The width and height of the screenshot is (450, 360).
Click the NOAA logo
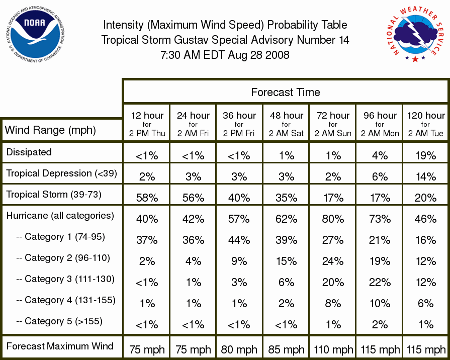point(35,34)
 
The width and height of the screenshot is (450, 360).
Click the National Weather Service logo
point(415,34)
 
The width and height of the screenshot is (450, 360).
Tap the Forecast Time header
point(285,92)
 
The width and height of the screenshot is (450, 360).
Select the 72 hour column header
point(333,124)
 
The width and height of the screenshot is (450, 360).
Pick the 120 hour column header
point(426,124)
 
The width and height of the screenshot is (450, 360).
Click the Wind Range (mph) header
point(50,130)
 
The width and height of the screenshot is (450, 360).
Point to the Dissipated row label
point(29,152)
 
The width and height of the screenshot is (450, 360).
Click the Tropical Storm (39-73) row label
point(54,195)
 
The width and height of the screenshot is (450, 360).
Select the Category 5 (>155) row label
point(59,321)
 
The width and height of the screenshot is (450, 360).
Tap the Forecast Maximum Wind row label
point(60,346)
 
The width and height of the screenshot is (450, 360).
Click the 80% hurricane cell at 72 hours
point(333,219)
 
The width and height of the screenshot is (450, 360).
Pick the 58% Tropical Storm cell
point(147,198)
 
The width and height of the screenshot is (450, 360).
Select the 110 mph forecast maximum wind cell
point(333,349)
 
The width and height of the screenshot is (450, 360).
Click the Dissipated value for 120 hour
point(426,155)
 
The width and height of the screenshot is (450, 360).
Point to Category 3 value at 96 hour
point(380,282)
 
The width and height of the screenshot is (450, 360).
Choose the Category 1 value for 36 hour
point(239,240)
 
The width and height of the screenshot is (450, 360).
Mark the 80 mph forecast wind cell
point(239,349)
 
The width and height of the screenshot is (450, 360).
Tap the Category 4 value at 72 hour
point(333,304)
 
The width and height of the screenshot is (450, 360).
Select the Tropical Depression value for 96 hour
point(380,176)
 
